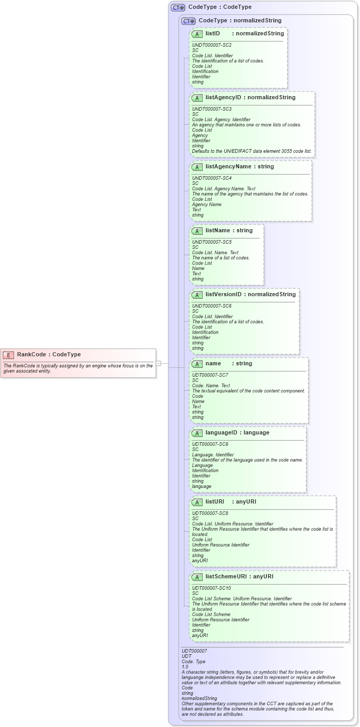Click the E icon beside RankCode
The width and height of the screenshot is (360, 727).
click(8, 354)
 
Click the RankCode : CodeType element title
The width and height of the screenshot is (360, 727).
click(49, 354)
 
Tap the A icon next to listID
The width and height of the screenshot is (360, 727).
click(197, 34)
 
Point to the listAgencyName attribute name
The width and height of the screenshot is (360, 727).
click(232, 167)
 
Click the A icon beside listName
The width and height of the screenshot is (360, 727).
click(197, 231)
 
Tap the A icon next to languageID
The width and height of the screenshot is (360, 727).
click(197, 433)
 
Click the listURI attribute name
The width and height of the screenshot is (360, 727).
click(215, 502)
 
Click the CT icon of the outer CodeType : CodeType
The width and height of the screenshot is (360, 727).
click(178, 7)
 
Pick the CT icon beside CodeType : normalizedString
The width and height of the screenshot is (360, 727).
click(189, 21)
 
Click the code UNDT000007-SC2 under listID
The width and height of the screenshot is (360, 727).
click(212, 45)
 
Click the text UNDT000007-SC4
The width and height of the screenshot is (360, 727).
click(212, 178)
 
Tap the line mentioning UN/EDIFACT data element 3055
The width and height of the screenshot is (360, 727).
click(252, 151)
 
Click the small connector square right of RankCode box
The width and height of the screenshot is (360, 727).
click(158, 363)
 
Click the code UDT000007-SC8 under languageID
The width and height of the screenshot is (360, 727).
click(210, 444)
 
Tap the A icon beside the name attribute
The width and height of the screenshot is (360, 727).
click(197, 364)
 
